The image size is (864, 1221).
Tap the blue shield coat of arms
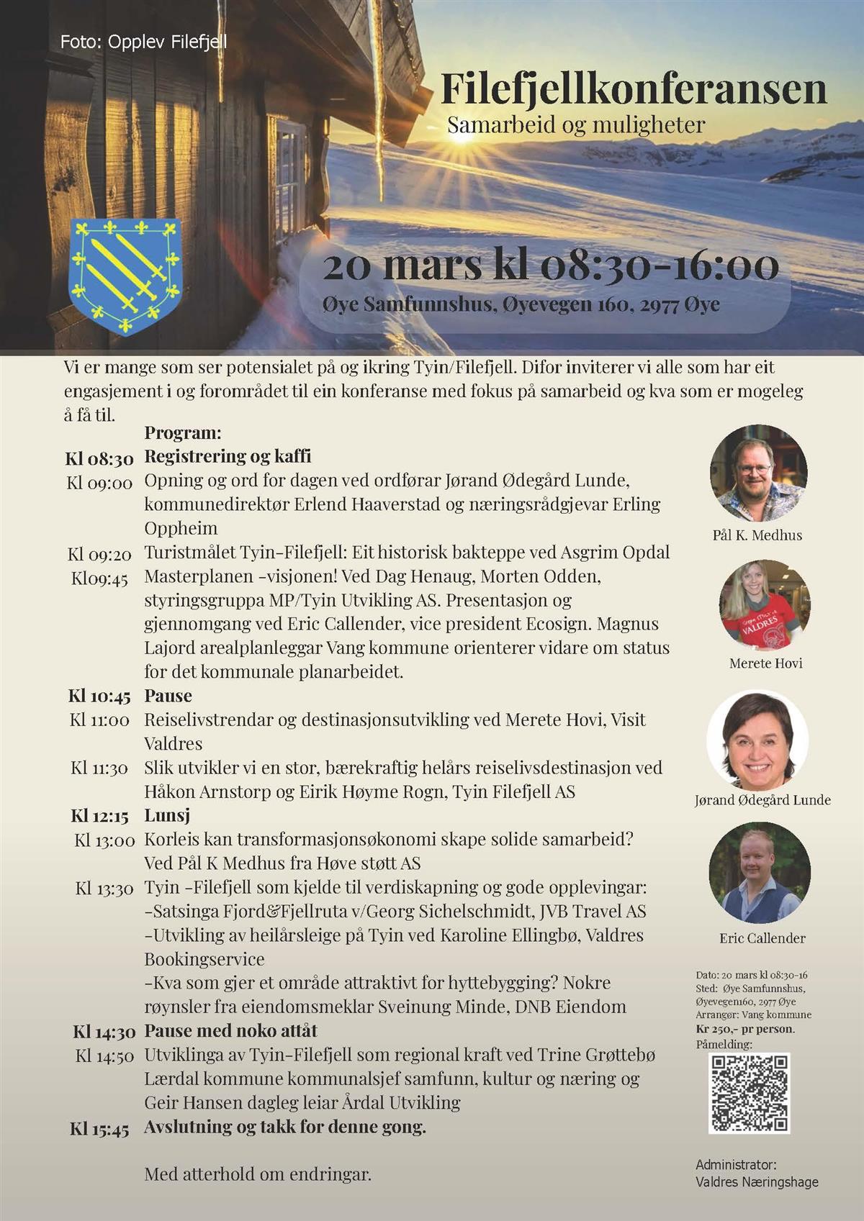pos(124,275)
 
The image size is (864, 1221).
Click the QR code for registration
pos(750,1093)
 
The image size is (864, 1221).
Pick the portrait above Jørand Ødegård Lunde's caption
pos(757,740)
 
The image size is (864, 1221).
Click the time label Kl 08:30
pos(99,458)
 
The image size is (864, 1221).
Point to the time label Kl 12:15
pos(99,816)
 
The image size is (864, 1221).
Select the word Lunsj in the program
pos(167,816)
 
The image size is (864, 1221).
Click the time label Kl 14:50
pos(104,1056)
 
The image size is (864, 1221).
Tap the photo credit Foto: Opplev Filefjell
pos(144,42)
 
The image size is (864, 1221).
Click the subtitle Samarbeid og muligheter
pos(576,125)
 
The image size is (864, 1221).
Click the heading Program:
pos(182,433)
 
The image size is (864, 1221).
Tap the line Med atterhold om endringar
pos(258,1175)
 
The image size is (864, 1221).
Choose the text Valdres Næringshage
pos(757,1181)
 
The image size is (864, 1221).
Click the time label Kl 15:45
pos(99,1128)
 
